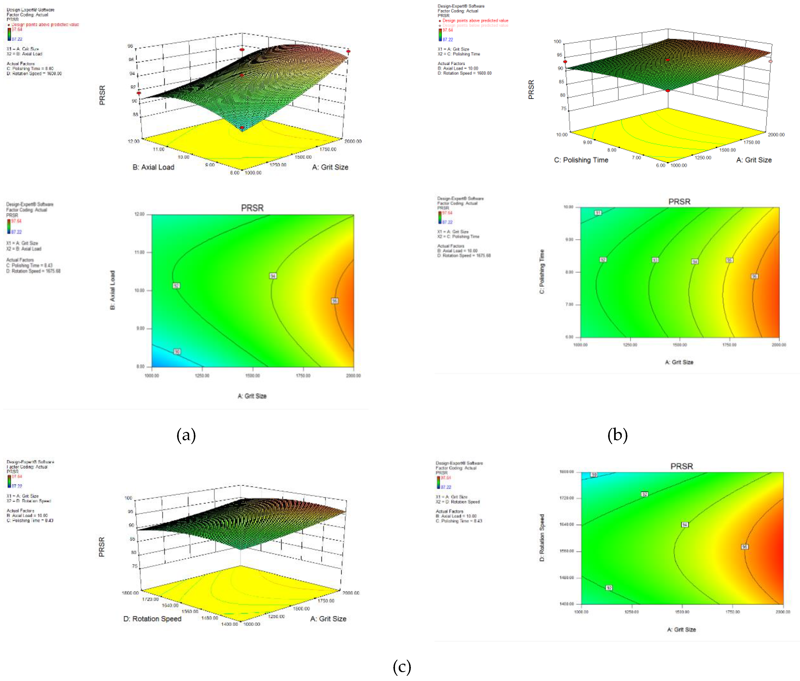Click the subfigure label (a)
[x=186, y=435]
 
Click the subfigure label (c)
[x=402, y=667]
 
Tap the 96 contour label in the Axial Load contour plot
[x=335, y=301]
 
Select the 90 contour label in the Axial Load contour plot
[x=177, y=352]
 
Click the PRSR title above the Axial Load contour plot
[x=252, y=208]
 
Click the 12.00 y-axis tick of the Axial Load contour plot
[x=139, y=214]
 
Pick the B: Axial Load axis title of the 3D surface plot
[x=153, y=167]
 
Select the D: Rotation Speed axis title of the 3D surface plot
[x=152, y=619]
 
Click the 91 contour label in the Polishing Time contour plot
[x=598, y=213]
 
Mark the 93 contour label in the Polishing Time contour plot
[x=655, y=260]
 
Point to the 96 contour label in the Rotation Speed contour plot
[x=745, y=547]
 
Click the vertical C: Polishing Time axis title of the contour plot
[x=542, y=271]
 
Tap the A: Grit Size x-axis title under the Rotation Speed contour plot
[x=682, y=630]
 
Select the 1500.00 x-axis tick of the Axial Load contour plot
[x=253, y=376]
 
